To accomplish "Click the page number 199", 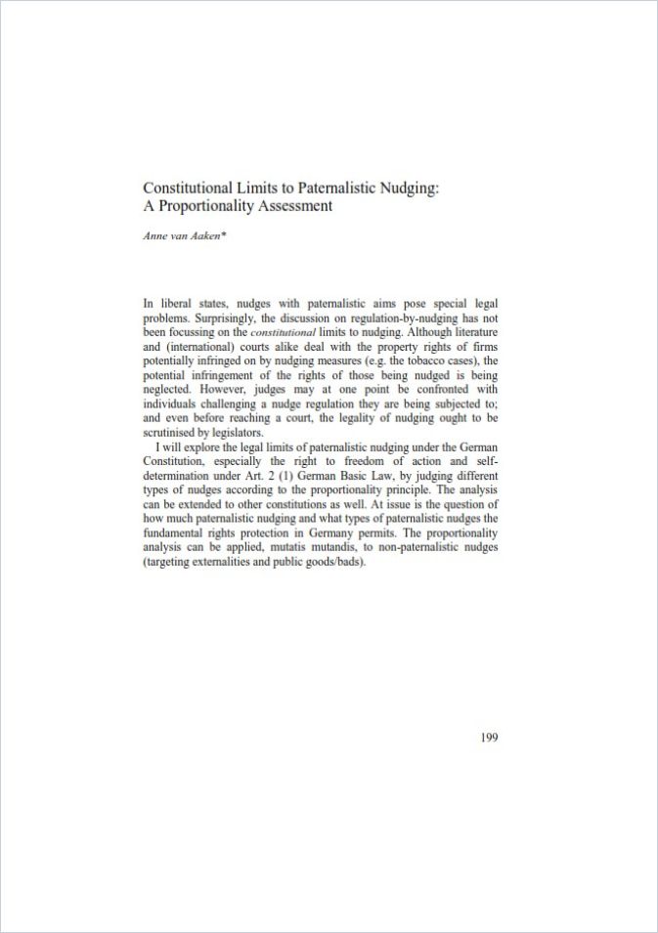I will coord(489,737).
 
